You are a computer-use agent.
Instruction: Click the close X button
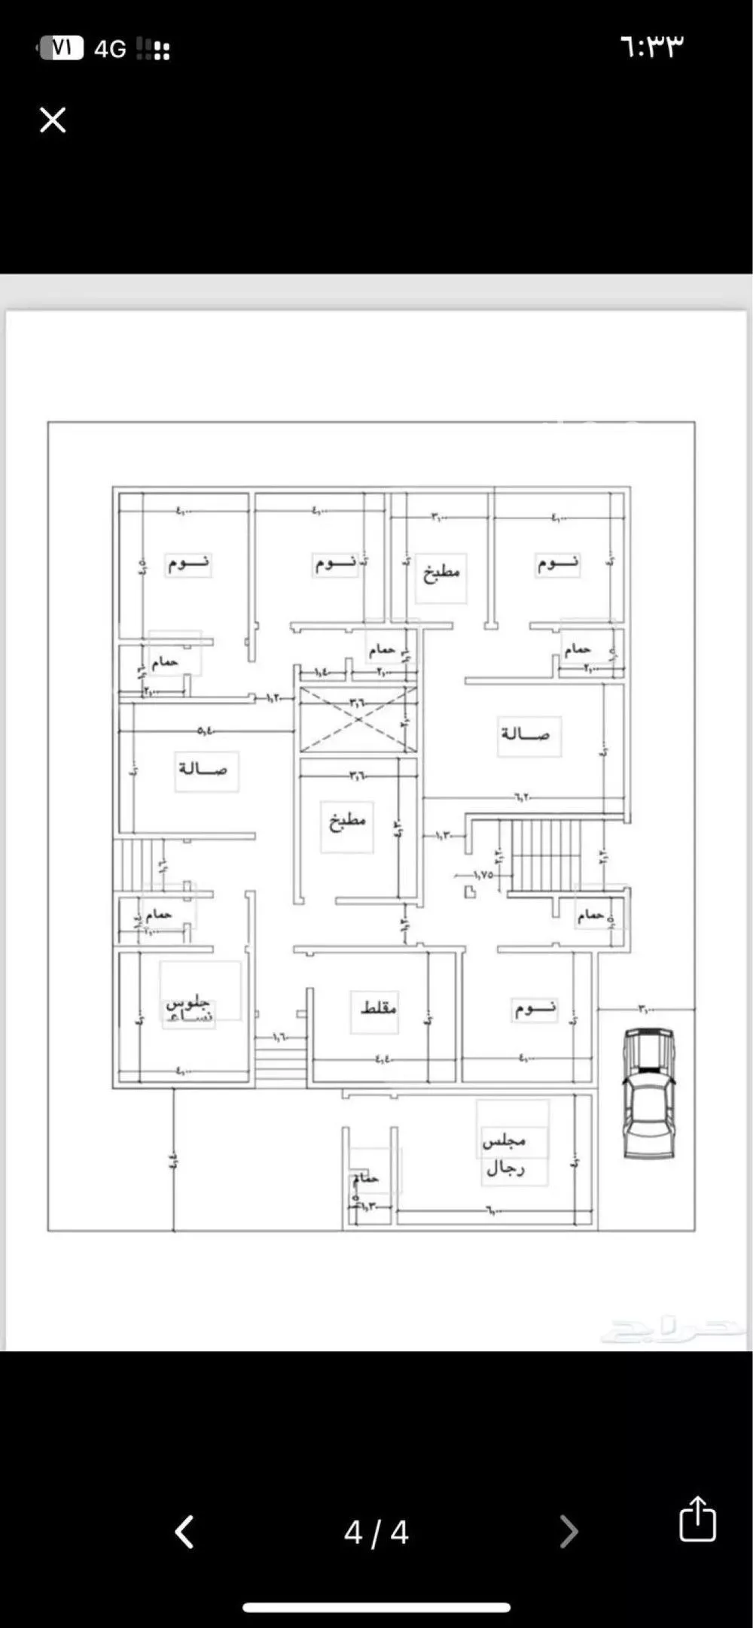[53, 120]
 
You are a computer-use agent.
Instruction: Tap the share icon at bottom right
[697, 1519]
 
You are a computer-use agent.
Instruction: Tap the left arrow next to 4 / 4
[185, 1532]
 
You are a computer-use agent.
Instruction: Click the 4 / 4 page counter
[376, 1532]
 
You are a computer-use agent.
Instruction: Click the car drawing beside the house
[648, 1093]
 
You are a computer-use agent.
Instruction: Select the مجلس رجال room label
[505, 1153]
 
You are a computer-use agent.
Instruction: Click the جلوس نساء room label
[190, 1010]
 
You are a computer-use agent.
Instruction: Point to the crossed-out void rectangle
[358, 719]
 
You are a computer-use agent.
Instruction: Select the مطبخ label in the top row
[441, 573]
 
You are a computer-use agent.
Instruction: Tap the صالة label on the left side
[203, 769]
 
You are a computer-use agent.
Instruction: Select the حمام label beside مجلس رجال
[367, 1178]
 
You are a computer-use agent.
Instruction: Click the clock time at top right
[652, 47]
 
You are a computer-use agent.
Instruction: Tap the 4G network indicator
[110, 50]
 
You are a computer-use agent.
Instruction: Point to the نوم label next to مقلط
[535, 1008]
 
